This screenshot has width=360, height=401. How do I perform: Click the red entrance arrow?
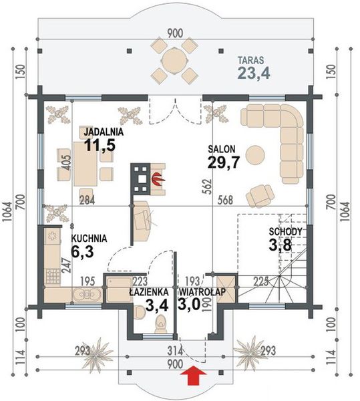(194, 375)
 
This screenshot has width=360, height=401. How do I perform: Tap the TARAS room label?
(251, 60)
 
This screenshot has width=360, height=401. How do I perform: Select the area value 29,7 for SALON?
(224, 162)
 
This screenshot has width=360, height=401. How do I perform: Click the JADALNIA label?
(104, 132)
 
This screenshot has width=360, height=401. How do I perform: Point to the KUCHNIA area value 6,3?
(82, 252)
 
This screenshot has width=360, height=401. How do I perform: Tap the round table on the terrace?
(174, 61)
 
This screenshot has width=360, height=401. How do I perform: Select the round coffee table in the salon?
(255, 155)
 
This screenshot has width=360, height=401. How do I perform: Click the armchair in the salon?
(259, 196)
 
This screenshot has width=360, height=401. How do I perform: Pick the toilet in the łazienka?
(161, 324)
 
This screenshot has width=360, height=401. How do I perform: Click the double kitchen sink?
(87, 295)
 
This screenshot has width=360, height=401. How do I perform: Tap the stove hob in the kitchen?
(53, 277)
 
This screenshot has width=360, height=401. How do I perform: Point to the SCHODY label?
(285, 232)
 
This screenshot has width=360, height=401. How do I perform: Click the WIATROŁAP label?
(202, 292)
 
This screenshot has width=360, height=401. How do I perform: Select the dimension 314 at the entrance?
(175, 351)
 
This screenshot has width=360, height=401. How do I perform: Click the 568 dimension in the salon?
(225, 200)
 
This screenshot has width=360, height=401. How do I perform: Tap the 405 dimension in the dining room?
(66, 162)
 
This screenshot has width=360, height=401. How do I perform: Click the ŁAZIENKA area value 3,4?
(156, 305)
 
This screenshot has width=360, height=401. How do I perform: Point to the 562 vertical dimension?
(208, 186)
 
